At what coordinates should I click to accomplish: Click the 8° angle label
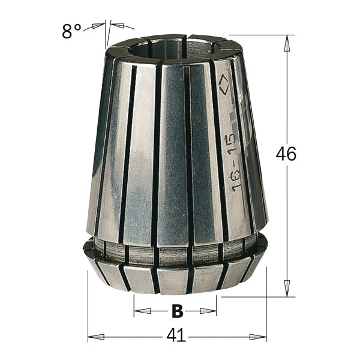click(x=71, y=31)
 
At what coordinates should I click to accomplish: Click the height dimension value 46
click(x=286, y=154)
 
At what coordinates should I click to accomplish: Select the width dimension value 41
click(x=175, y=336)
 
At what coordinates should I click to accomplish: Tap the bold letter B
click(x=176, y=311)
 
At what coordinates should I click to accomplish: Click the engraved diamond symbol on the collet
click(x=223, y=84)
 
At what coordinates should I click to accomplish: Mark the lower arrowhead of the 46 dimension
click(x=287, y=289)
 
